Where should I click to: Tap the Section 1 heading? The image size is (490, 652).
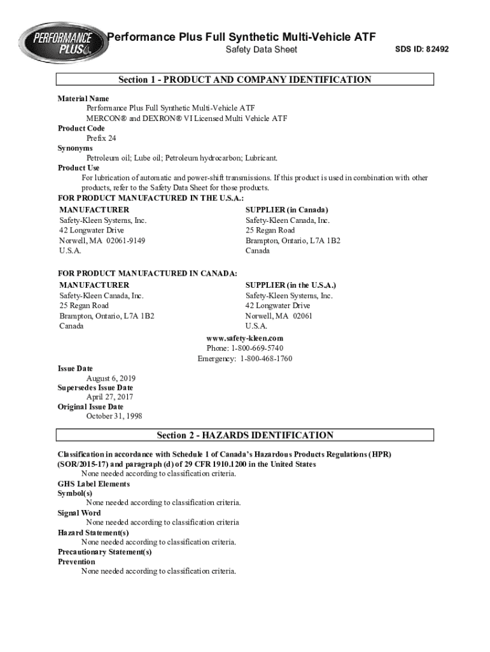coord(244,80)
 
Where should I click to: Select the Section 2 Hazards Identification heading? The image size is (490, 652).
coord(245,436)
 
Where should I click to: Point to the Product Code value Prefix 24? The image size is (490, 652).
coord(101,138)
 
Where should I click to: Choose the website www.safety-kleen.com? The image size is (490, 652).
coord(245,338)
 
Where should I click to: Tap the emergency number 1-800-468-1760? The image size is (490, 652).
coord(266,358)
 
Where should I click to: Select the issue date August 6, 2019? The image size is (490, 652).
coord(111,378)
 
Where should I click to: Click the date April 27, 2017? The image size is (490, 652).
coord(109,397)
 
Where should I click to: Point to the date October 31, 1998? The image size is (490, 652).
coord(115,416)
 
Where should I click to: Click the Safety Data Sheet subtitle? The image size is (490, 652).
coord(262,50)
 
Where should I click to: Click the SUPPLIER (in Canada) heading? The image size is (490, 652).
coord(287,209)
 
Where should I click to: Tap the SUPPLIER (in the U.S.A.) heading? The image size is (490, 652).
coord(291,285)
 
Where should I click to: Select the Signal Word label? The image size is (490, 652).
coord(79,513)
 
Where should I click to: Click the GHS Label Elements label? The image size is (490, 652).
coord(94,483)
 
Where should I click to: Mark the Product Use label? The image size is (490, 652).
coord(79,167)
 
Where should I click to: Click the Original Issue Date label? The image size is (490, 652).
coord(90,407)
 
